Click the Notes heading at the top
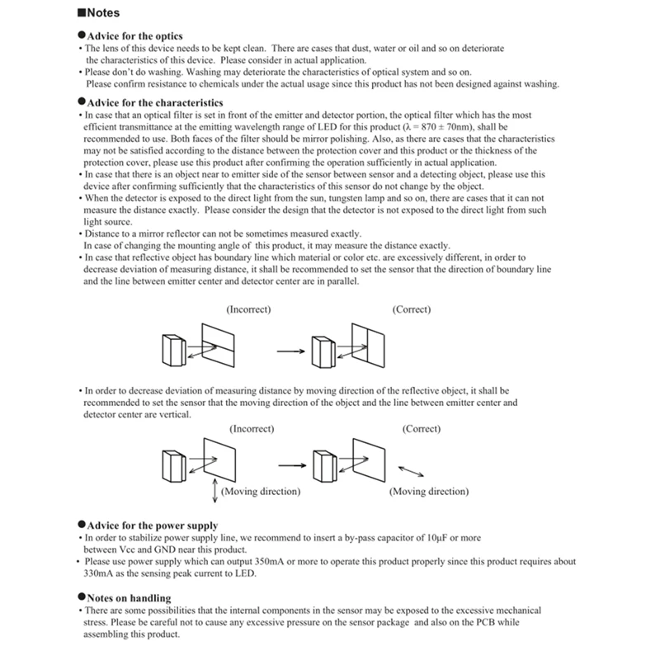(101, 13)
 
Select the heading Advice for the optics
(134, 36)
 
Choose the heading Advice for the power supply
(151, 526)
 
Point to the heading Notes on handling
(128, 597)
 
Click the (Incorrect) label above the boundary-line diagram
(248, 309)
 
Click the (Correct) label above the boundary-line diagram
(410, 309)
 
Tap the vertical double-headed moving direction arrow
(214, 488)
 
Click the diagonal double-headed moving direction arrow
(412, 471)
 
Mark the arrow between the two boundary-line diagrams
(290, 351)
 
